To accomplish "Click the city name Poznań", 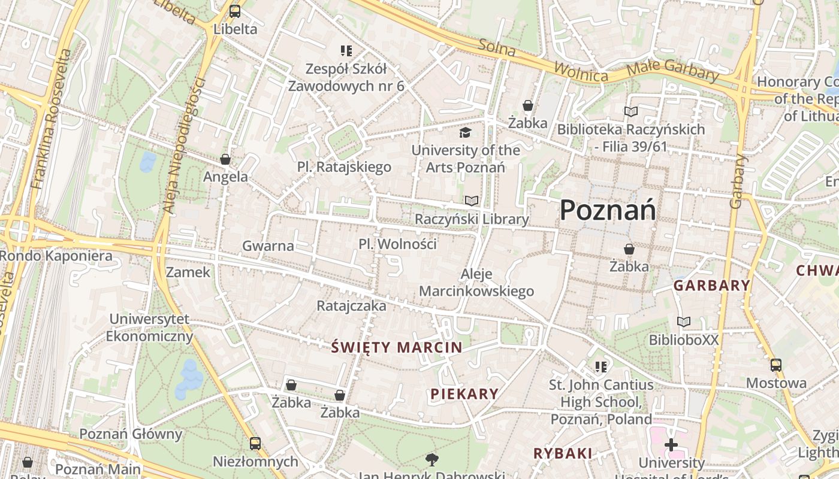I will click(x=608, y=210).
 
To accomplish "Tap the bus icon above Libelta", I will click(x=235, y=11).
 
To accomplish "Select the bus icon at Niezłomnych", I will click(x=255, y=444).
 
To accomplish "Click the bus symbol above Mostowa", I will click(x=776, y=365).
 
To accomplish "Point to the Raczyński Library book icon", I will click(x=472, y=201).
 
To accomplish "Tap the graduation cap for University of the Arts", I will click(x=466, y=132).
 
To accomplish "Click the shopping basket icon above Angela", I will click(x=225, y=159).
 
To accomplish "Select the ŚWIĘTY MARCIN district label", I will click(x=397, y=347).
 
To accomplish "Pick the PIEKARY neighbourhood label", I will click(x=464, y=393).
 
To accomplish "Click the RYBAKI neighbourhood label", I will click(x=563, y=453).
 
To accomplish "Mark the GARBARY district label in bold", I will click(x=711, y=286).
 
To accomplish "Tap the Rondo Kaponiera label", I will click(x=56, y=256).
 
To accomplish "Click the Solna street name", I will click(x=497, y=47).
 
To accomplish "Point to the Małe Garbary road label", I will click(x=672, y=70).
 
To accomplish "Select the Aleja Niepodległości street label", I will click(x=184, y=145).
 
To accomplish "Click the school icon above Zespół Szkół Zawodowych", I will click(x=346, y=50).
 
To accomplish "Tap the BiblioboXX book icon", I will click(x=683, y=322).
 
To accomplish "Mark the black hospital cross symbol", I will click(x=671, y=445).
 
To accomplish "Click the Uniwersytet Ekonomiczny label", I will click(x=149, y=328).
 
